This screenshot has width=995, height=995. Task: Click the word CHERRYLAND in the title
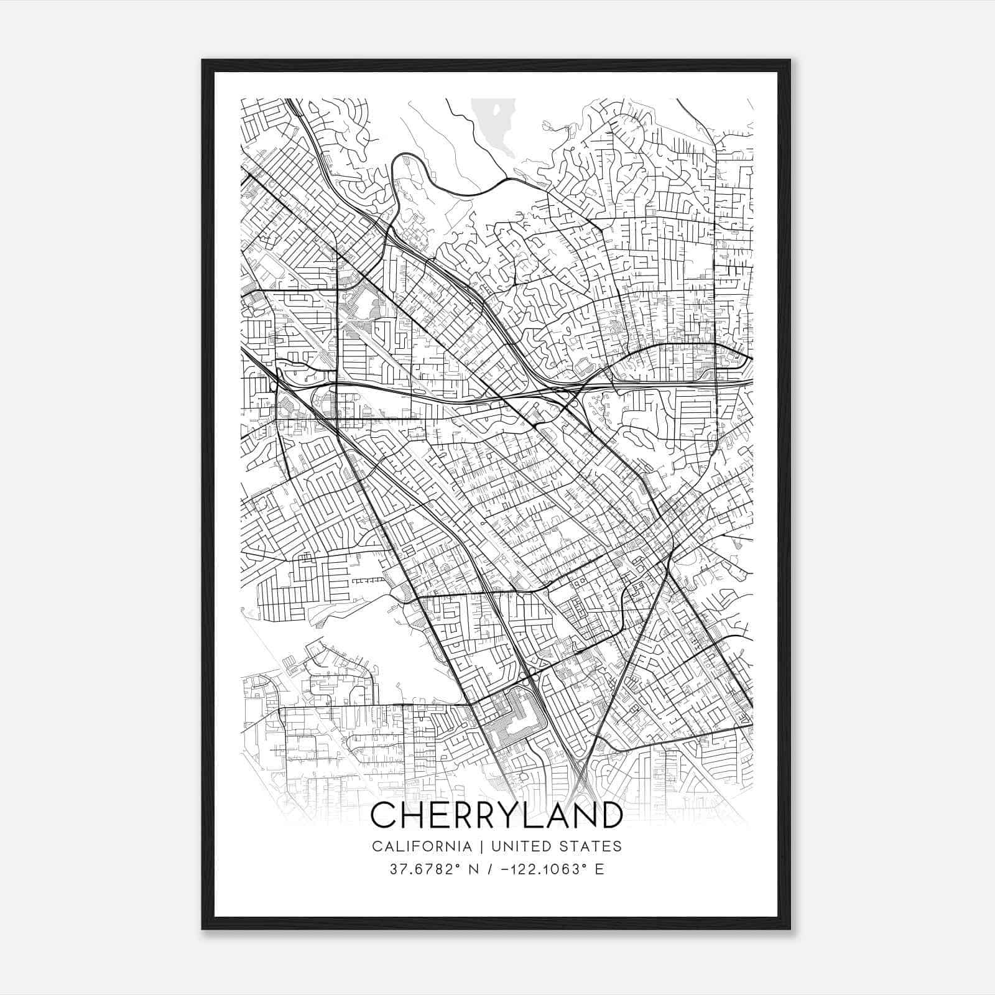pos(496,815)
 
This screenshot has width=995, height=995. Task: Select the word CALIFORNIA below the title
pos(421,846)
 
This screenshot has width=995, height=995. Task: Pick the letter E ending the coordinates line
pos(599,869)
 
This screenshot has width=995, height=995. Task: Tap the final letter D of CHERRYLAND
pos(609,815)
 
